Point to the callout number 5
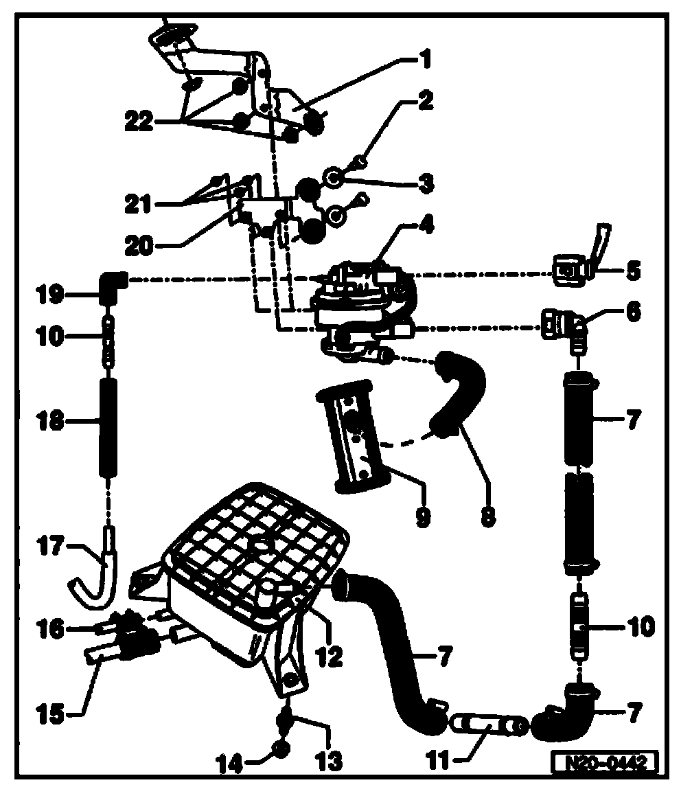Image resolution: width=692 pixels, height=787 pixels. (632, 271)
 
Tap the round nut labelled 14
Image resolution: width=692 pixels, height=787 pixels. (281, 747)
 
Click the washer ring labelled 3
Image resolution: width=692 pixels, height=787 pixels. (334, 179)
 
